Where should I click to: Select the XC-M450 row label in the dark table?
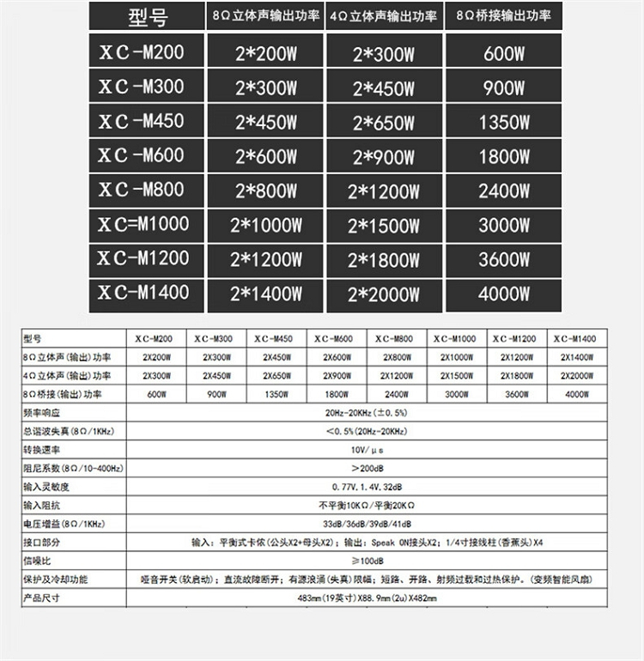point(141,121)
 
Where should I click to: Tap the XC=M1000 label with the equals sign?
point(143,224)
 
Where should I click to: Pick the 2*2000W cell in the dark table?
point(384,294)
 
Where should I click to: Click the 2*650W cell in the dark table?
point(384,123)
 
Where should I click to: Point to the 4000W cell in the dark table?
point(504,294)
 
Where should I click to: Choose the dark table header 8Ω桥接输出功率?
point(504,16)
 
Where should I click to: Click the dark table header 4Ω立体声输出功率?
point(384,16)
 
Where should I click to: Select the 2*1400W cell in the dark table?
point(266,294)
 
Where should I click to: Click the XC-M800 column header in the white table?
point(397,338)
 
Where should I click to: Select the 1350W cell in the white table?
point(276,394)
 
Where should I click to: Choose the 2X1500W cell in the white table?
point(455,375)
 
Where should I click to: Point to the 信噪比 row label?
point(38,561)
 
